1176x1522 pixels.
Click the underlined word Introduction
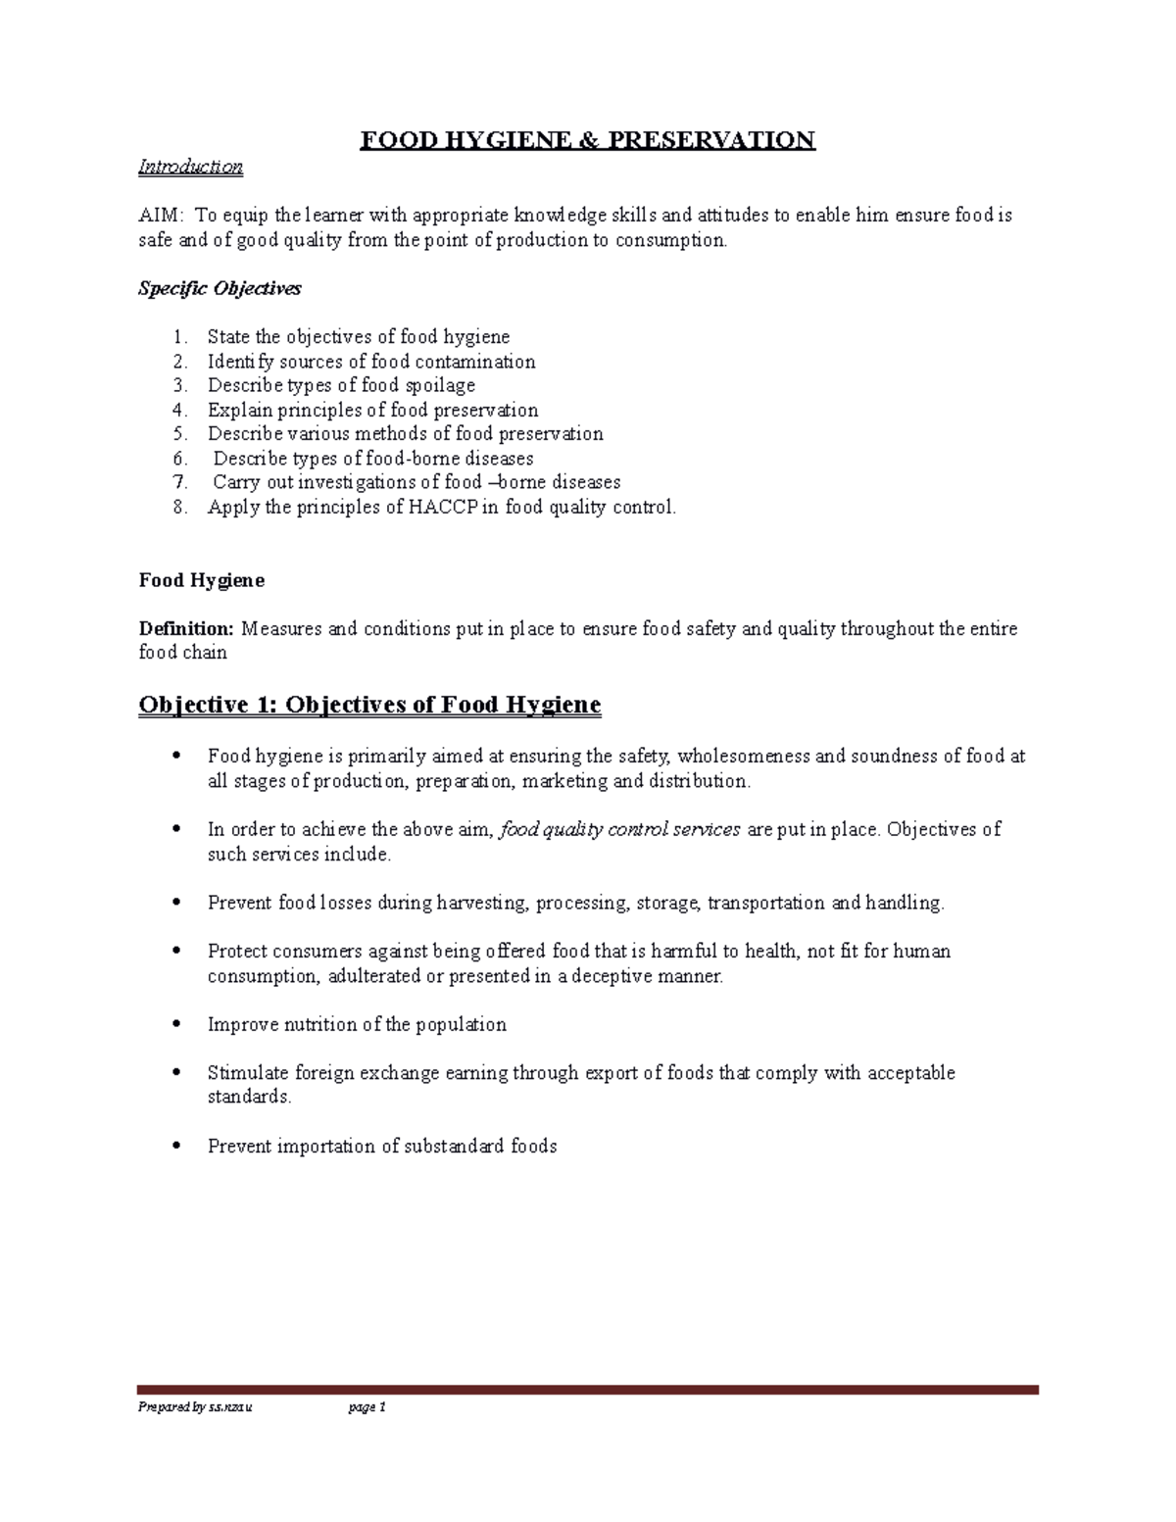pos(190,167)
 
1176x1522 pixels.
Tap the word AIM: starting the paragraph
pos(160,216)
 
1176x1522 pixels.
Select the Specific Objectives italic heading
pos(220,288)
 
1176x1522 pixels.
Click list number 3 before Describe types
pos(179,385)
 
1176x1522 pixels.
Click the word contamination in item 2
pos(474,362)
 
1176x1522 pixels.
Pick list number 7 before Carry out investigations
pos(179,482)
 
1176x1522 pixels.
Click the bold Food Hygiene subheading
pos(201,580)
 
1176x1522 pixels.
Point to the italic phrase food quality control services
pos(620,829)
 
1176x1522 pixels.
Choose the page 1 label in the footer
pos(367,1407)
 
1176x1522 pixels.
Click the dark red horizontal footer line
pos(588,1389)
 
